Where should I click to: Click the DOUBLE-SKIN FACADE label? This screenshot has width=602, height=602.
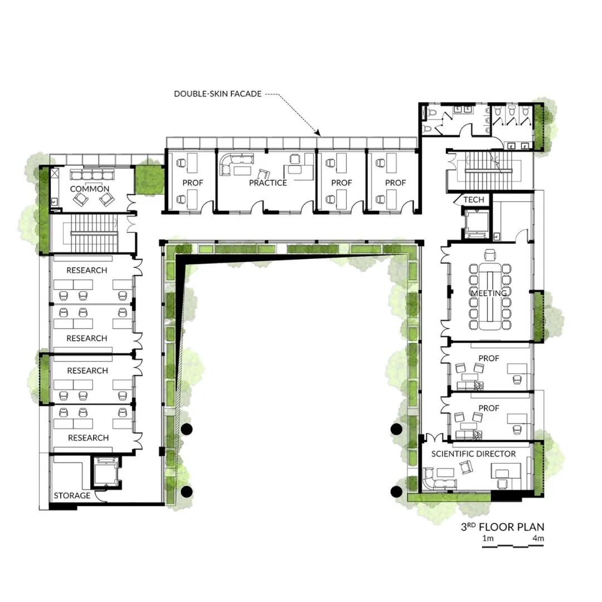218,94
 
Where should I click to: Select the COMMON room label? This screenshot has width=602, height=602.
90,189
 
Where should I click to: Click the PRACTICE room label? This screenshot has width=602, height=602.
268,183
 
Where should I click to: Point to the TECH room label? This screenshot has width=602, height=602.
474,200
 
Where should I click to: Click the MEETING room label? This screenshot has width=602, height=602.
489,293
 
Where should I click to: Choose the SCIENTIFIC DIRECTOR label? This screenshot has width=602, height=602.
473,454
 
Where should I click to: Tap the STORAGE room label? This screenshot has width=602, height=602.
72,495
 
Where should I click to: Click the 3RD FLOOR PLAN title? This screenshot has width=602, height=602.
503,527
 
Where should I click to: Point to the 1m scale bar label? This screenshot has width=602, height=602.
488,538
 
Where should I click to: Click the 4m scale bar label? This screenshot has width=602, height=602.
538,538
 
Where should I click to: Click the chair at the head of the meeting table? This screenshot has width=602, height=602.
490,254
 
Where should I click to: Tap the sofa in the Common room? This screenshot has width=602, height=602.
92,175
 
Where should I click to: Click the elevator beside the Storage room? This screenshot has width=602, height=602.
105,471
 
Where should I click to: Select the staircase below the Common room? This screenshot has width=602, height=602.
94,233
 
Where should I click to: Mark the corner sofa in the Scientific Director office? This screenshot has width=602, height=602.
438,479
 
